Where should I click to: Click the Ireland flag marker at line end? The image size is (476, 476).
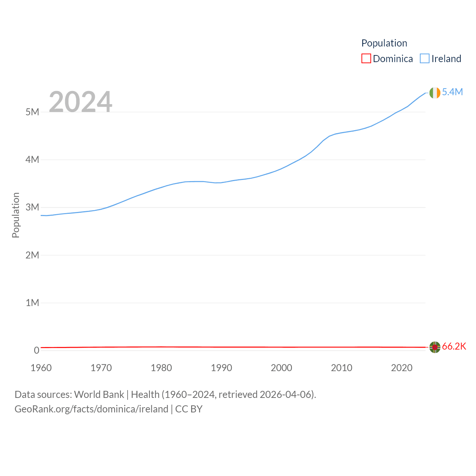pyautogui.click(x=435, y=93)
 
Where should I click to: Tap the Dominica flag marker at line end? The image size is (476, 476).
pyautogui.click(x=435, y=347)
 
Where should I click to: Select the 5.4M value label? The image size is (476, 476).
pyautogui.click(x=452, y=92)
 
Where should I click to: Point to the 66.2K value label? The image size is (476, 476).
pyautogui.click(x=454, y=346)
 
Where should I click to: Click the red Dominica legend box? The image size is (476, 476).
pyautogui.click(x=366, y=59)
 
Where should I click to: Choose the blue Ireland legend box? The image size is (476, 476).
pyautogui.click(x=425, y=59)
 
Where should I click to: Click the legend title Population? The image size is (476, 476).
pyautogui.click(x=384, y=43)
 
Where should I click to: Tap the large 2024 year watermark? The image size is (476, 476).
pyautogui.click(x=80, y=101)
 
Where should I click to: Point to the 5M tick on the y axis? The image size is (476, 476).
pyautogui.click(x=32, y=112)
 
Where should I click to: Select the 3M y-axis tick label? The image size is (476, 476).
pyautogui.click(x=32, y=207)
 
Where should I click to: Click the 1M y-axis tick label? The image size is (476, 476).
pyautogui.click(x=32, y=303)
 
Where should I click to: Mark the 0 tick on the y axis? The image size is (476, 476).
pyautogui.click(x=36, y=350)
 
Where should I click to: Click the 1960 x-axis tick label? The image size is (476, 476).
pyautogui.click(x=41, y=368)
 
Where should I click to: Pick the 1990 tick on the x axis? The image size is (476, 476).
pyautogui.click(x=221, y=368)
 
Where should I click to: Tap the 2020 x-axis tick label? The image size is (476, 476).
pyautogui.click(x=402, y=368)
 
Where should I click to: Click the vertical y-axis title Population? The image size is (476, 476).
pyautogui.click(x=16, y=215)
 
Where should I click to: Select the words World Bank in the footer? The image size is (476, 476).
pyautogui.click(x=99, y=394)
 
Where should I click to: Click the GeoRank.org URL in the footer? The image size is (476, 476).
pyautogui.click(x=91, y=409)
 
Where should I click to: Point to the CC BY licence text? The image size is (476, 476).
pyautogui.click(x=189, y=409)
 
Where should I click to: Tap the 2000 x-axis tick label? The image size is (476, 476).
pyautogui.click(x=282, y=368)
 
